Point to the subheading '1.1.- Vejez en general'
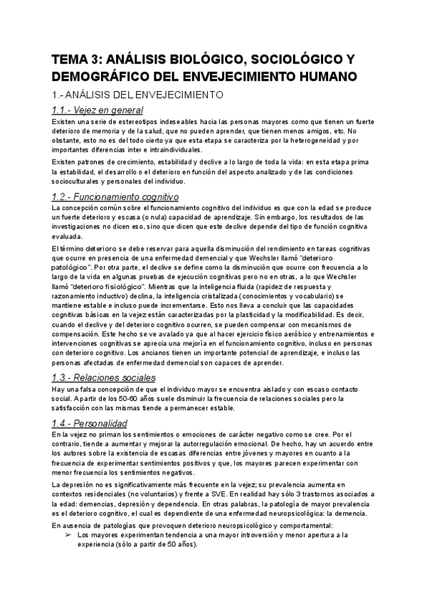[97, 110]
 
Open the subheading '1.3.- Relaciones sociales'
[104, 377]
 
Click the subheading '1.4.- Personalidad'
[90, 422]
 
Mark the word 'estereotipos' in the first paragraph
[126, 122]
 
